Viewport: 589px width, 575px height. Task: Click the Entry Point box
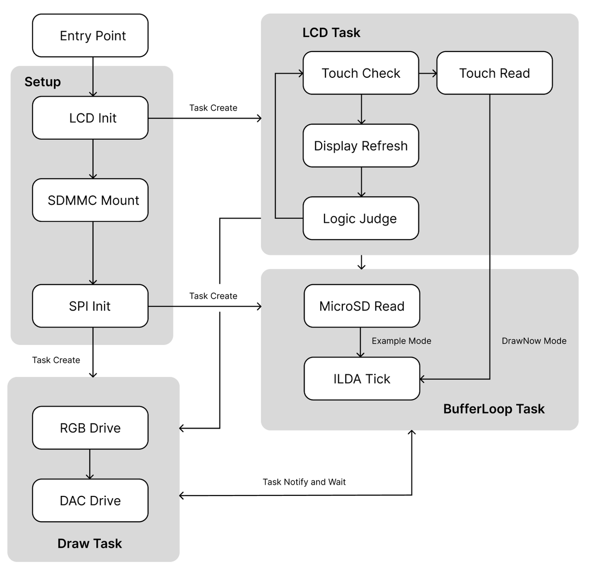(x=90, y=35)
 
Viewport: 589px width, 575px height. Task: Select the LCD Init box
(x=90, y=118)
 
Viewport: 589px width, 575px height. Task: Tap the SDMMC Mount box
(x=90, y=200)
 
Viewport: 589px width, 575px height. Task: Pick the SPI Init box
(x=90, y=305)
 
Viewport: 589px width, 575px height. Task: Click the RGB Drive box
(x=90, y=428)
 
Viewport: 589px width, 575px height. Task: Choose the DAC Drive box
(x=90, y=500)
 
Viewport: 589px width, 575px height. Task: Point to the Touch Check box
(x=361, y=73)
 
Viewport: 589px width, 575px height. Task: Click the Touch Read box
(x=495, y=73)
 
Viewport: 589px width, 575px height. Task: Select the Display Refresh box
(x=361, y=145)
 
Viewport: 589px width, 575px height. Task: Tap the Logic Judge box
(x=361, y=218)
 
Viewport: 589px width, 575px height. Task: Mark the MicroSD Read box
(x=362, y=305)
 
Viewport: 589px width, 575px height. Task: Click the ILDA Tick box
(x=362, y=379)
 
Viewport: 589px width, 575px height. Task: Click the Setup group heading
(x=43, y=82)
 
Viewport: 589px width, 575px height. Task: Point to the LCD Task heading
(x=331, y=33)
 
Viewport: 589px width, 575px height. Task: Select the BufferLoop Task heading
(x=494, y=409)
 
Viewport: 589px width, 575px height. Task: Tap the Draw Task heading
(x=90, y=544)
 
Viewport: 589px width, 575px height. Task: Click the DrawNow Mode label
(x=534, y=341)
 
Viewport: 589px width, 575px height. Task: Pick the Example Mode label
(x=401, y=341)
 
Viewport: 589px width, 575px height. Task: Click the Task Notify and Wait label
(x=304, y=482)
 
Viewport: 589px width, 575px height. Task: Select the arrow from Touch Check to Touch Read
(x=428, y=73)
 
